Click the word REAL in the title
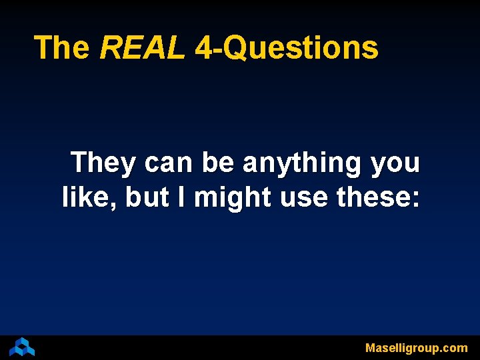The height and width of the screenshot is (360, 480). point(141,48)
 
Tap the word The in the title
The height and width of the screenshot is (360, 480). point(62,48)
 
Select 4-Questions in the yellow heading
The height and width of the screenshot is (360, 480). point(287,48)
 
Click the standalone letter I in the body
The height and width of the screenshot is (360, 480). point(181,197)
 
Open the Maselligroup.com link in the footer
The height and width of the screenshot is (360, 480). point(416,348)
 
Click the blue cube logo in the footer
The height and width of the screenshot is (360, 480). point(21,347)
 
